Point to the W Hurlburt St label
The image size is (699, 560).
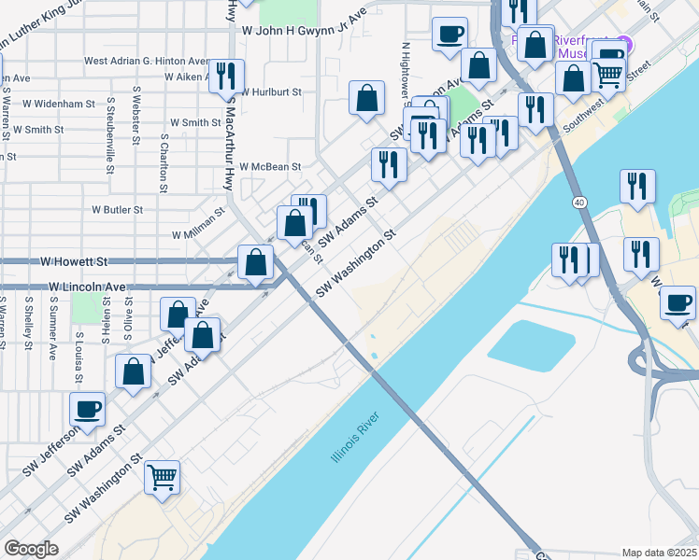click(x=271, y=92)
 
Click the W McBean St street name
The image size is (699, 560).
click(x=270, y=167)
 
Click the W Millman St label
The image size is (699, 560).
click(x=198, y=224)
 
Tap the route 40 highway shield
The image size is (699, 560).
click(x=580, y=203)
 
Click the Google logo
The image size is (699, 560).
click(x=31, y=549)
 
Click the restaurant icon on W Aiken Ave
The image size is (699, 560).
click(x=226, y=75)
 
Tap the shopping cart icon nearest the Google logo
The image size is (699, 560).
click(x=162, y=478)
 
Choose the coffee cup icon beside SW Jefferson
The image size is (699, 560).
click(x=87, y=408)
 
